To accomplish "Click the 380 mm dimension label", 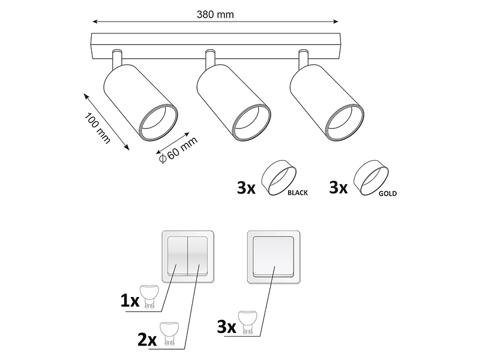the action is (215, 14).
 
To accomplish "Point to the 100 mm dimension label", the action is (97, 128).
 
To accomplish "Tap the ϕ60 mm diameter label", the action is (178, 149).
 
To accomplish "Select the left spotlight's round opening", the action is (158, 123).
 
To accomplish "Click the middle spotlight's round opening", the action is (251, 123).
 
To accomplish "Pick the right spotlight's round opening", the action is (345, 123).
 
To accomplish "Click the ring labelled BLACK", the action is (279, 178).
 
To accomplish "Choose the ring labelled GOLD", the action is (372, 178).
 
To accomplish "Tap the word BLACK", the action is (298, 193).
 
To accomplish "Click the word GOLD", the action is (388, 194).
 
